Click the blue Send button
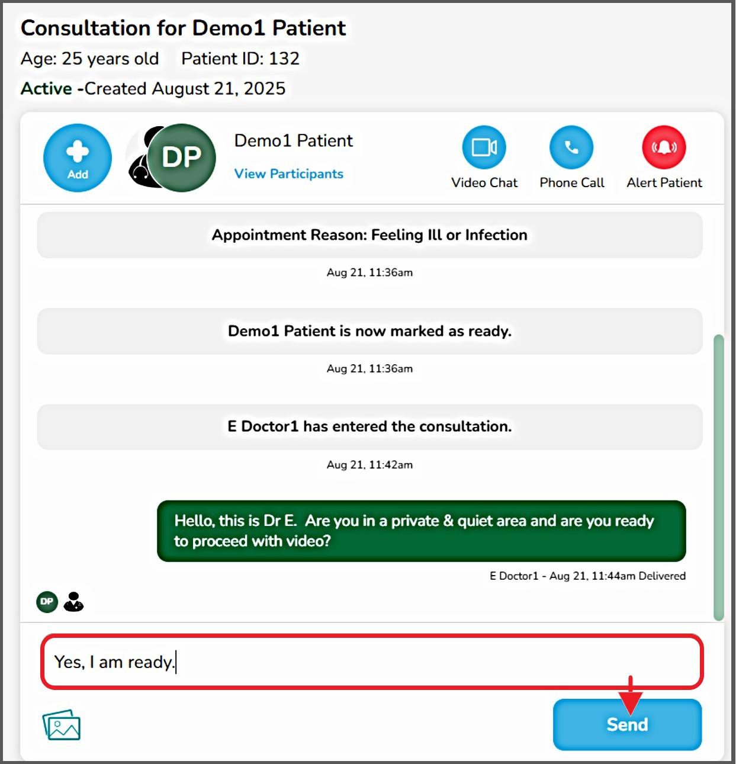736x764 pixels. (627, 724)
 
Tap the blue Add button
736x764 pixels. (78, 158)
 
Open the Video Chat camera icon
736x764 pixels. (484, 147)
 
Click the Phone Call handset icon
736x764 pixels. (571, 147)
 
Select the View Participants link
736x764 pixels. (288, 174)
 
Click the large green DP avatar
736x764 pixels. (181, 158)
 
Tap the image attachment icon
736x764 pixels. (61, 725)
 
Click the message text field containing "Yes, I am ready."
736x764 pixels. (372, 662)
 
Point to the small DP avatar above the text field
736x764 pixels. (47, 602)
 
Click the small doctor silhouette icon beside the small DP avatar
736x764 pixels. (73, 602)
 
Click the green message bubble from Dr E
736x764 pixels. (421, 531)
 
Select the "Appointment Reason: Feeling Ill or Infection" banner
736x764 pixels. (369, 235)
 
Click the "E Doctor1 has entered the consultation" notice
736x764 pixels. (369, 426)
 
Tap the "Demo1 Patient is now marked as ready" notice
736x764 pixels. (369, 331)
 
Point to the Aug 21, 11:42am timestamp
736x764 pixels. (369, 465)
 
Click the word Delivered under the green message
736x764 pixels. (662, 576)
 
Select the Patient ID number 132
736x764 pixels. (284, 59)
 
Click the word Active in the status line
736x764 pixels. (46, 88)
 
